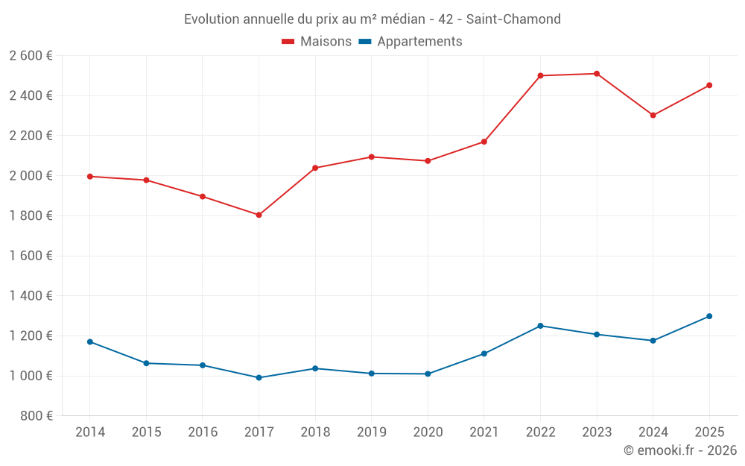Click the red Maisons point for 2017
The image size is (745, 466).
tap(259, 215)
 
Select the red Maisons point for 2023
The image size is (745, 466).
tap(597, 74)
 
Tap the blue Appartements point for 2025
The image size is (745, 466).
tap(709, 316)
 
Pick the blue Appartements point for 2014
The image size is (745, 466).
tap(90, 341)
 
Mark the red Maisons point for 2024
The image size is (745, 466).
tap(653, 116)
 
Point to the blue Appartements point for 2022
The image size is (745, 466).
tap(540, 326)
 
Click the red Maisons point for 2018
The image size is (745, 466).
tap(315, 168)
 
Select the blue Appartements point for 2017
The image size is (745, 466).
tap(259, 377)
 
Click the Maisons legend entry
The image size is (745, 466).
tap(317, 42)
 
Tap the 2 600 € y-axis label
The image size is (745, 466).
tap(31, 56)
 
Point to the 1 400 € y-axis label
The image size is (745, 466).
tap(31, 296)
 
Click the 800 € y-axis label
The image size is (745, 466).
tap(36, 416)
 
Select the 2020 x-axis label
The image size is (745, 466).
tap(428, 432)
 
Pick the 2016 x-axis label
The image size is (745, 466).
tap(203, 432)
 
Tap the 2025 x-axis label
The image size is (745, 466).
tap(709, 432)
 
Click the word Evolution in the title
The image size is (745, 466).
tap(212, 19)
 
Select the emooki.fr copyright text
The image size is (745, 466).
tap(679, 450)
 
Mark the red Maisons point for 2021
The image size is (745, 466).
tap(484, 142)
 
